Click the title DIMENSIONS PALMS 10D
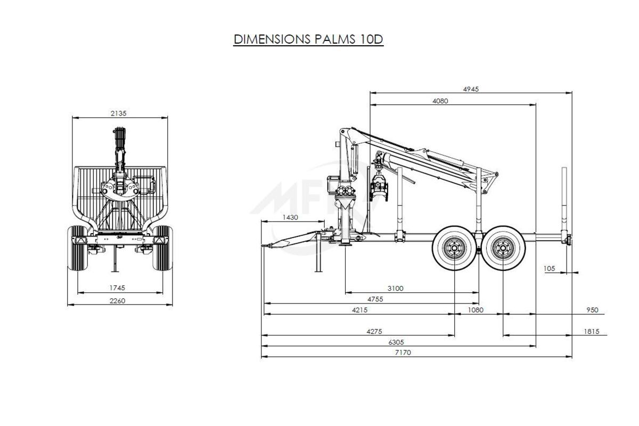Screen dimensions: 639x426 click(308, 39)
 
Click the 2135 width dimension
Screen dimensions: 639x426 click(118, 113)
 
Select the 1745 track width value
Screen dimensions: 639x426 click(117, 288)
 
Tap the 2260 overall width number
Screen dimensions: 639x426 click(117, 301)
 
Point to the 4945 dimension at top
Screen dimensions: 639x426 click(471, 89)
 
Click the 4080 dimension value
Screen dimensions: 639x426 click(440, 101)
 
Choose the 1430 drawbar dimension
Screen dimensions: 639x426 click(290, 217)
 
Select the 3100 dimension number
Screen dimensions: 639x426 click(395, 289)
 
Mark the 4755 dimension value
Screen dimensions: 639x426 click(375, 299)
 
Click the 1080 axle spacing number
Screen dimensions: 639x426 click(476, 310)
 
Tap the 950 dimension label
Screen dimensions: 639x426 click(592, 310)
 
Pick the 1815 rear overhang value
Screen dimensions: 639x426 click(592, 332)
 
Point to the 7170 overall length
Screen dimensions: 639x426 click(403, 353)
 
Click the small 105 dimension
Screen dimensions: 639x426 click(549, 269)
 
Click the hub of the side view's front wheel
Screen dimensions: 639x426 click(454, 249)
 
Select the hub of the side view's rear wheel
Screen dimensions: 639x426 click(503, 249)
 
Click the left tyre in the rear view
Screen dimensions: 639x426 click(77, 248)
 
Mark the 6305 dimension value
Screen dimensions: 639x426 click(396, 342)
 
